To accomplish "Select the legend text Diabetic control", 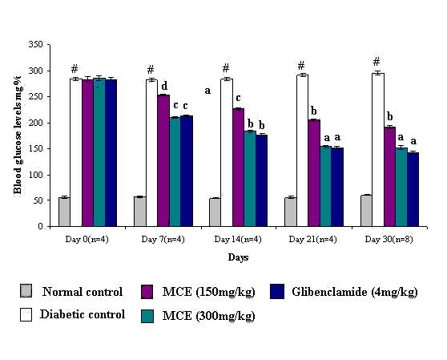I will coord(83,314).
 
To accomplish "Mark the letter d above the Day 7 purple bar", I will coord(164,86).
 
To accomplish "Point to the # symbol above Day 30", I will coord(376,61).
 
